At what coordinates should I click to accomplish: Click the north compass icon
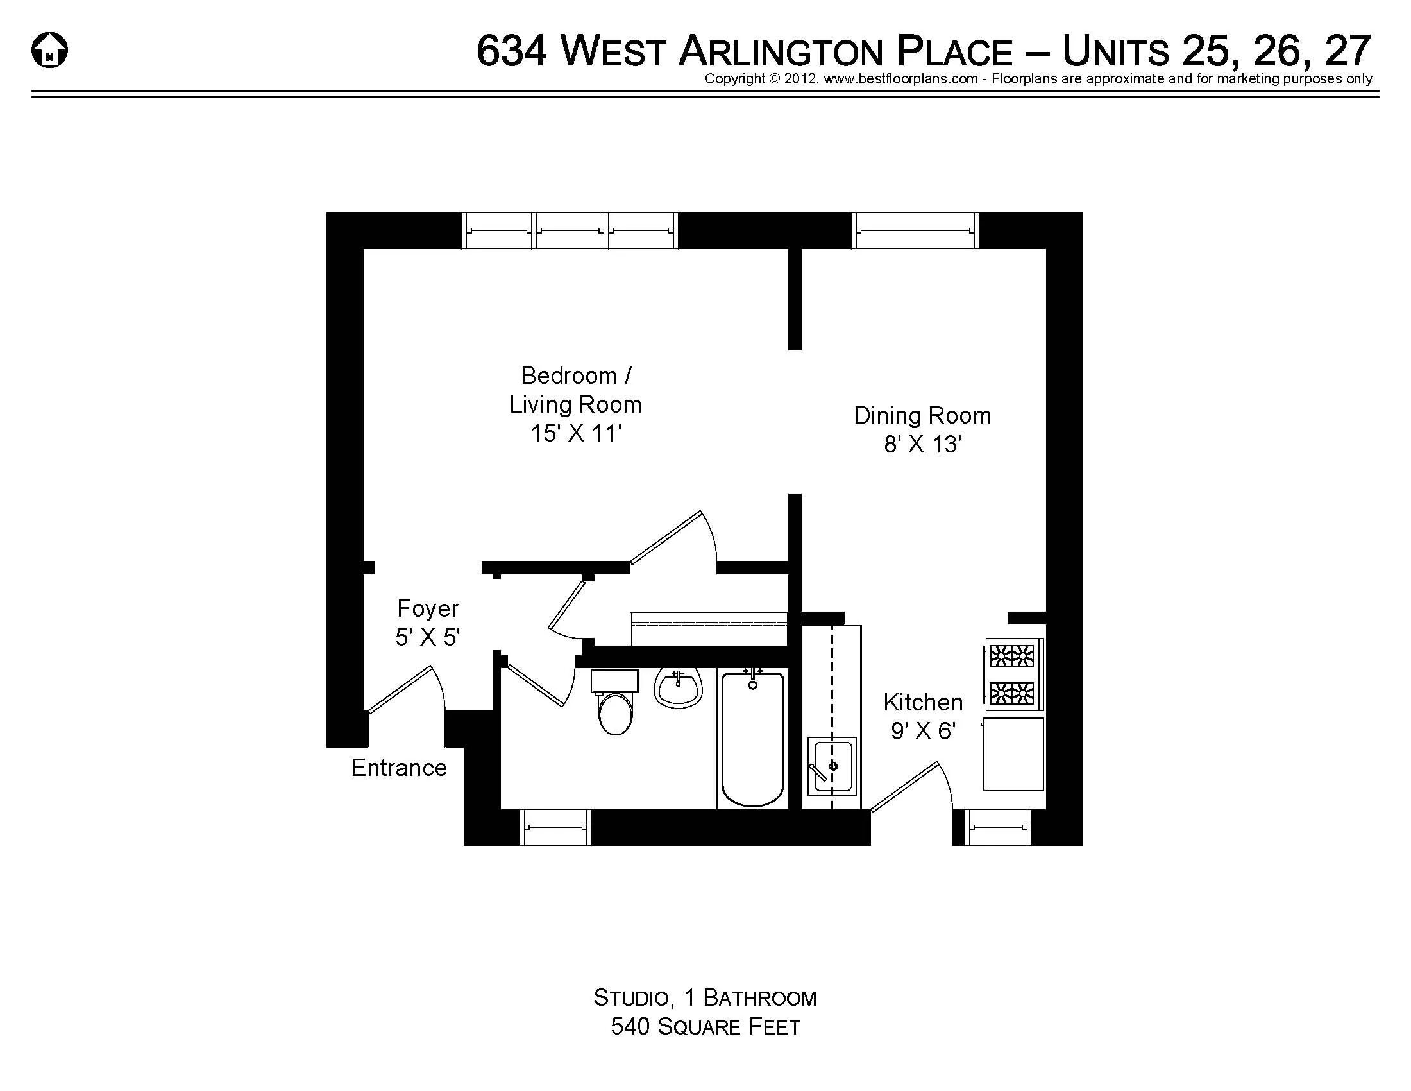coord(50,51)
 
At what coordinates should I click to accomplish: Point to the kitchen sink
coord(831,766)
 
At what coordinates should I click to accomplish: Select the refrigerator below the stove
coord(1013,753)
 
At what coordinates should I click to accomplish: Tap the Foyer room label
coord(428,609)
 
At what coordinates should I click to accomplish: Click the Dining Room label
coord(922,416)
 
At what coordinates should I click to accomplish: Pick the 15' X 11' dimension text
coord(576,434)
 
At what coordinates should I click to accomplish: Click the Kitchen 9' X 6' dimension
coord(923,731)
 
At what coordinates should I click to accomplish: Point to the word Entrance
coord(399,768)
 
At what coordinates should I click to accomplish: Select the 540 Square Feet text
coord(705,1026)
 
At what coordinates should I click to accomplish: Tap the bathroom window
coord(555,827)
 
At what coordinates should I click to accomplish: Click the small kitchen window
coord(998,827)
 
